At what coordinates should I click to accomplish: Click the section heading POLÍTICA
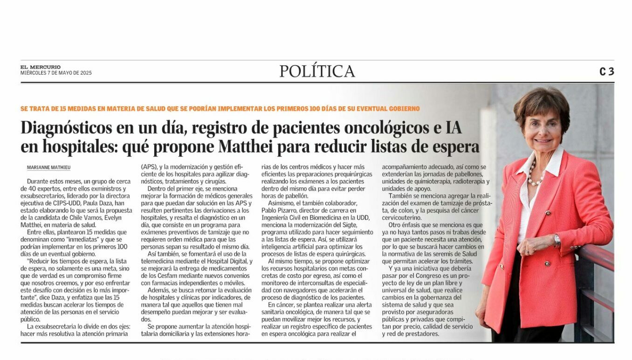coord(317,71)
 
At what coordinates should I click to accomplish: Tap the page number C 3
coord(606,72)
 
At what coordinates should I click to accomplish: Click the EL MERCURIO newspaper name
coord(41,67)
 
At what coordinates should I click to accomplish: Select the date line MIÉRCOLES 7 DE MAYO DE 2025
coord(56,73)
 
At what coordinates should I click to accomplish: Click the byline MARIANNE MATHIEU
coord(48,167)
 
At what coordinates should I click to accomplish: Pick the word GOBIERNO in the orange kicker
coord(405,109)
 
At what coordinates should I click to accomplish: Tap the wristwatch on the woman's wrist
coord(557,239)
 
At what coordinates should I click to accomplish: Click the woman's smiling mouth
coord(543,140)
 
